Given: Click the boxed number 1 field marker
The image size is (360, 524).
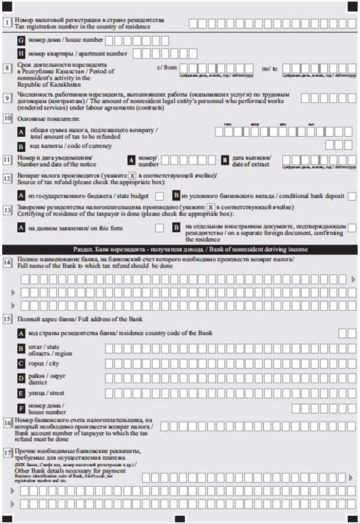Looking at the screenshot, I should [x=7, y=23].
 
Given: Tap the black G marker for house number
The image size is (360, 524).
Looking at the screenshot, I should [x=22, y=41].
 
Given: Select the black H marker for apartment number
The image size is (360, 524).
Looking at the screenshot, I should [x=22, y=54].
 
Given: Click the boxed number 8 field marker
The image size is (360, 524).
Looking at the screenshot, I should [x=7, y=68].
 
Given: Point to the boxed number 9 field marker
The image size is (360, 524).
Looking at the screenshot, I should [x=7, y=98].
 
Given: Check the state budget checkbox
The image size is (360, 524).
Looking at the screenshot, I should [x=159, y=196].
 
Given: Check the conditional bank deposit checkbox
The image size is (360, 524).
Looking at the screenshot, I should [x=352, y=196].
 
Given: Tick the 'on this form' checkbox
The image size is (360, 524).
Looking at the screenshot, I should [x=159, y=228].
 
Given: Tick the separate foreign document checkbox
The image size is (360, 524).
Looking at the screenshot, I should [x=352, y=228].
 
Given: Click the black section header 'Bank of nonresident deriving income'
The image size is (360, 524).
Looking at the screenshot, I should [x=180, y=249].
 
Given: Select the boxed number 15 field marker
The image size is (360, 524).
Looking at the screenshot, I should [x=7, y=320].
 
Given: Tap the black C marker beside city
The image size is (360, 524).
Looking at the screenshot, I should [x=22, y=364].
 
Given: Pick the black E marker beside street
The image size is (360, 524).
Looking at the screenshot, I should [x=22, y=393].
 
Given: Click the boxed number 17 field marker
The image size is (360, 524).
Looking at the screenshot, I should [x=7, y=452].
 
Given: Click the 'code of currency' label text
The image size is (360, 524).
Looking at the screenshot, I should [x=70, y=146].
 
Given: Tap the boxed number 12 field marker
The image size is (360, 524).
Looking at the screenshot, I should [x=7, y=179].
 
